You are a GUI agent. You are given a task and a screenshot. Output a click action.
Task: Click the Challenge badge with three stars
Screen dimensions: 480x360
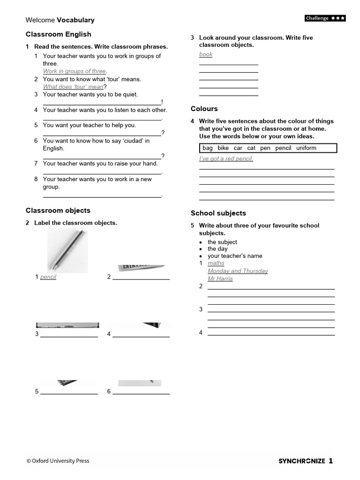(x=325, y=18)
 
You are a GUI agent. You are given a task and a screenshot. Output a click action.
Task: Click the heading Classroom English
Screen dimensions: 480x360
(x=59, y=34)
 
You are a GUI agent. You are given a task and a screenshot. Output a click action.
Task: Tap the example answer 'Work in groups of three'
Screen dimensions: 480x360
(x=75, y=71)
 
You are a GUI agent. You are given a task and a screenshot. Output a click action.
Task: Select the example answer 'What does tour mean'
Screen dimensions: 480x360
(x=73, y=87)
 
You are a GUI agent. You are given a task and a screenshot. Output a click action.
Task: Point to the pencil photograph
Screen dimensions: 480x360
(x=67, y=252)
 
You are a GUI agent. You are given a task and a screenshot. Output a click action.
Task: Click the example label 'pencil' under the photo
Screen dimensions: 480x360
(x=48, y=277)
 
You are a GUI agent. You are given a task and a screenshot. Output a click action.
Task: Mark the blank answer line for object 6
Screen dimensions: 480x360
(x=141, y=394)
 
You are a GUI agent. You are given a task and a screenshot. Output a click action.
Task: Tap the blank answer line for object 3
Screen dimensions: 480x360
(x=69, y=337)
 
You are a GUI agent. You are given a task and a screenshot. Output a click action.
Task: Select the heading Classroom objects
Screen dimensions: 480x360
(x=58, y=210)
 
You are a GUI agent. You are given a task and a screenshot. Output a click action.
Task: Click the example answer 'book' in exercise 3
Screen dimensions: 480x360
(x=206, y=54)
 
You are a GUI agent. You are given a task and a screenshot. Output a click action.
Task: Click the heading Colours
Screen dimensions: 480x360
(x=204, y=109)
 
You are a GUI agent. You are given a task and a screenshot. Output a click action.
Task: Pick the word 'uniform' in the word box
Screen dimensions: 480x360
(x=306, y=148)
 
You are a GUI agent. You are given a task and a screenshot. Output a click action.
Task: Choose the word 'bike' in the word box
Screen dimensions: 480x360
(x=223, y=148)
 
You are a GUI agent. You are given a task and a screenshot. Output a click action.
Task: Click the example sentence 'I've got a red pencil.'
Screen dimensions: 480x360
(x=226, y=159)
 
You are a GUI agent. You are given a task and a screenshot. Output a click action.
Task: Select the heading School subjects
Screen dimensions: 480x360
(x=218, y=213)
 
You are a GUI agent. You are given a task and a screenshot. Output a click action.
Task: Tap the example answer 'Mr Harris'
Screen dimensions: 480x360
(x=220, y=278)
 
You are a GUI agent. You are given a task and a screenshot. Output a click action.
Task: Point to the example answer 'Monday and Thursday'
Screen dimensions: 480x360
(x=238, y=271)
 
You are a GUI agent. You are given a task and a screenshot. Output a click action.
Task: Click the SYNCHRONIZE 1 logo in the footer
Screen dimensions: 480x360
(x=306, y=461)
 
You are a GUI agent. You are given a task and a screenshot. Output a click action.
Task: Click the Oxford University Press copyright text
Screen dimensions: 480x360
(x=58, y=461)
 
